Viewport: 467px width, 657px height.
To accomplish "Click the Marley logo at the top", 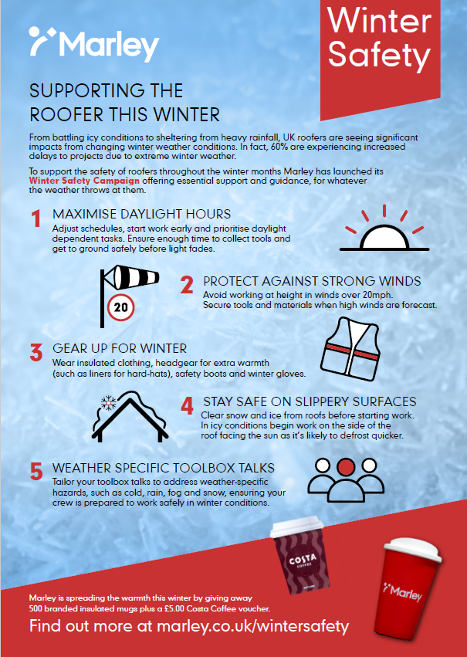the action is (x=94, y=44).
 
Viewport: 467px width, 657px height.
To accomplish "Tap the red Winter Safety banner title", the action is (x=380, y=38).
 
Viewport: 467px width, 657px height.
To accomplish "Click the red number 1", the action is (x=36, y=218).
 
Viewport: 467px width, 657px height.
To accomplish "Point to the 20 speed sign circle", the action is (x=120, y=307).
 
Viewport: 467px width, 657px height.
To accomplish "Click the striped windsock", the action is (x=131, y=277).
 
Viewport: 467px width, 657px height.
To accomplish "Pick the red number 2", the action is (x=187, y=285).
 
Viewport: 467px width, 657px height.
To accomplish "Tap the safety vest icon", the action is (x=350, y=349).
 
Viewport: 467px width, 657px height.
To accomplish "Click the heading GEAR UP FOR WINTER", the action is (x=120, y=349).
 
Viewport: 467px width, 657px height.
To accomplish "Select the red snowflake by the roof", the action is (x=109, y=403).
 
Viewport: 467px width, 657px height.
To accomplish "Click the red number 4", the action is (x=188, y=405).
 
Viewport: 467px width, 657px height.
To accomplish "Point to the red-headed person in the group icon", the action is (x=346, y=467).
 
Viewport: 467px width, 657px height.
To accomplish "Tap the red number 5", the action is (x=36, y=472).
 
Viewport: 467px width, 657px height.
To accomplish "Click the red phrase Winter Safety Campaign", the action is (x=84, y=181).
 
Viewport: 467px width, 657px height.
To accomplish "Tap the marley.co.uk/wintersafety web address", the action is (x=252, y=626).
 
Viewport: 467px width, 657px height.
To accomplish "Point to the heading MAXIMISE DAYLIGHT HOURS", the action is (x=141, y=214).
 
